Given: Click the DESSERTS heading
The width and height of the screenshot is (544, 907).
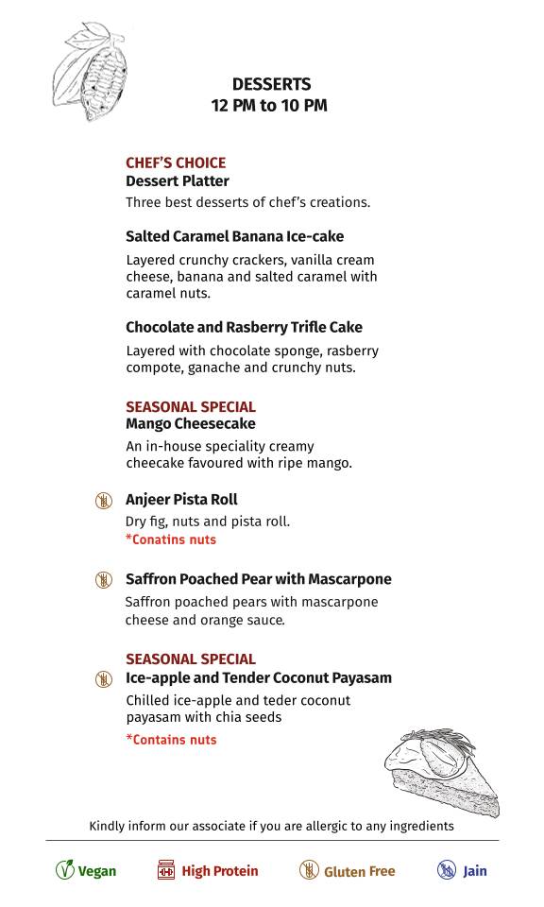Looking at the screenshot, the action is pyautogui.click(x=271, y=85).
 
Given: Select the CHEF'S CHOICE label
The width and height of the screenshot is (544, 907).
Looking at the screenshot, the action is pyautogui.click(x=176, y=163).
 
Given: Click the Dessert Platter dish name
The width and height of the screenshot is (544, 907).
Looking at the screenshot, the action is pyautogui.click(x=178, y=180).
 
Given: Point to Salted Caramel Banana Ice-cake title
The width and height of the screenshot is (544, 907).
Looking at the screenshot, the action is pyautogui.click(x=234, y=236).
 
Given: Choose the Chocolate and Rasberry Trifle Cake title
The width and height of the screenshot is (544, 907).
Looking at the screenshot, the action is pyautogui.click(x=244, y=327).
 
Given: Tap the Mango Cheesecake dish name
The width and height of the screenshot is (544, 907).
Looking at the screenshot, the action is pyautogui.click(x=190, y=424).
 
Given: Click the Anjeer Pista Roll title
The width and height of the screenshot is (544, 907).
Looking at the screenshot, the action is pyautogui.click(x=181, y=500).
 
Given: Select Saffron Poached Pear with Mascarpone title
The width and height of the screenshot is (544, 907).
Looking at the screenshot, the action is pyautogui.click(x=258, y=579).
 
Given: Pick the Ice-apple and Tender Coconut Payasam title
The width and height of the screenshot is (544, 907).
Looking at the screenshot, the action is pyautogui.click(x=258, y=678).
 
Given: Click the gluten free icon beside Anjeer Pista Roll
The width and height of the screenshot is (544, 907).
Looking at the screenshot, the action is pyautogui.click(x=104, y=500).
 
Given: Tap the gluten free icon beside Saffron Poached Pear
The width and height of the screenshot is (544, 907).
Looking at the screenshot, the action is pyautogui.click(x=104, y=579).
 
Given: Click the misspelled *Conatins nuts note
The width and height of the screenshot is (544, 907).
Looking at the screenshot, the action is pyautogui.click(x=171, y=539).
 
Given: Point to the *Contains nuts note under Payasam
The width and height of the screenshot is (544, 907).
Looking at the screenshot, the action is pyautogui.click(x=171, y=740).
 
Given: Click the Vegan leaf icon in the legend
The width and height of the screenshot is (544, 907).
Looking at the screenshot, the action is pyautogui.click(x=64, y=870).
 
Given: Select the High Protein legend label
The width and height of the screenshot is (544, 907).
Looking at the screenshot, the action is pyautogui.click(x=219, y=871).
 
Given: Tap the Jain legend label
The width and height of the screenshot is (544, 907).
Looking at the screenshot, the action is pyautogui.click(x=474, y=871).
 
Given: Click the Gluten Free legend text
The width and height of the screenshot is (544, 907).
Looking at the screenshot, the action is pyautogui.click(x=359, y=871).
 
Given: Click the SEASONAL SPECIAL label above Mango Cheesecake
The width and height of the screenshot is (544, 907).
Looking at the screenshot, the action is pyautogui.click(x=191, y=407).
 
